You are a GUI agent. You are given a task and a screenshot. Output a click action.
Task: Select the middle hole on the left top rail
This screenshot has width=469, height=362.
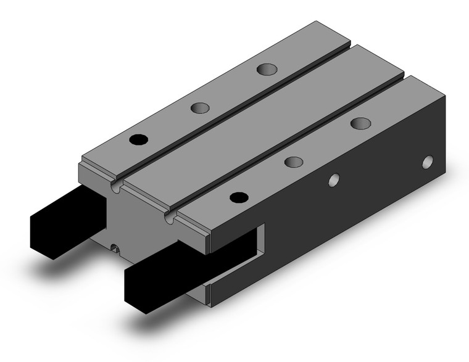(x=199, y=108)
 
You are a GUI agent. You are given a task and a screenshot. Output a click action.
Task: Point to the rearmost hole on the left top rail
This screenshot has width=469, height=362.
(x=267, y=68)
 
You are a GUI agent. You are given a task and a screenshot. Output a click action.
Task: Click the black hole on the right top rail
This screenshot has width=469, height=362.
(x=237, y=197)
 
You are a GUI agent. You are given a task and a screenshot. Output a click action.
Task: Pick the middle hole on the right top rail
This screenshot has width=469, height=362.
(x=294, y=162)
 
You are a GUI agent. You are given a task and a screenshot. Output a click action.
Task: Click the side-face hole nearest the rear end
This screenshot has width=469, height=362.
(x=428, y=163)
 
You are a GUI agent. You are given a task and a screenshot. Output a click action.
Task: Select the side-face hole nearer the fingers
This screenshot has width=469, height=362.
(x=334, y=181)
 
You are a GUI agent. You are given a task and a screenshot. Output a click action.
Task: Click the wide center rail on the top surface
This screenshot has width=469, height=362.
(x=259, y=123)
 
